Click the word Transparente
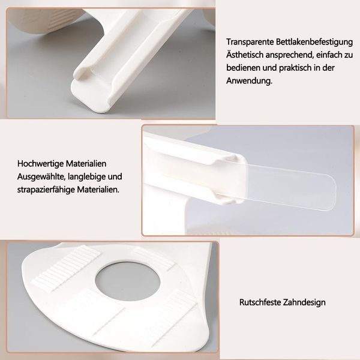click(250, 42)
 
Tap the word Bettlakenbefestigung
click(314, 43)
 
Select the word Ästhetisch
click(245, 55)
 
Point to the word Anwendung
click(249, 80)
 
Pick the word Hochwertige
click(40, 164)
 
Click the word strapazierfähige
click(46, 190)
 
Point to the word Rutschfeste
click(260, 302)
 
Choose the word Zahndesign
click(304, 302)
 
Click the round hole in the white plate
click(128, 281)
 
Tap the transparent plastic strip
click(290, 185)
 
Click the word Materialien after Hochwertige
click(86, 164)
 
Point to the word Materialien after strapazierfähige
click(98, 190)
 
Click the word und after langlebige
click(115, 177)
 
